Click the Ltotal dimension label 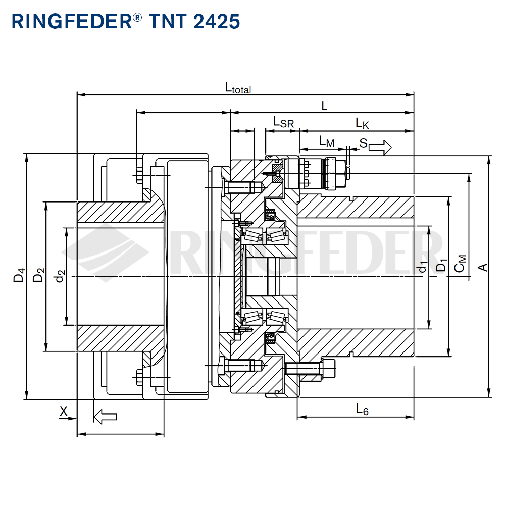238,88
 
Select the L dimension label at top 325,106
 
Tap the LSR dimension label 283,122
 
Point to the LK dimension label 362,123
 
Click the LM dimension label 326,142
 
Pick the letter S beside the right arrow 363,143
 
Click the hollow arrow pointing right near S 381,147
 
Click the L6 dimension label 362,409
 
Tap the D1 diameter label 441,266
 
